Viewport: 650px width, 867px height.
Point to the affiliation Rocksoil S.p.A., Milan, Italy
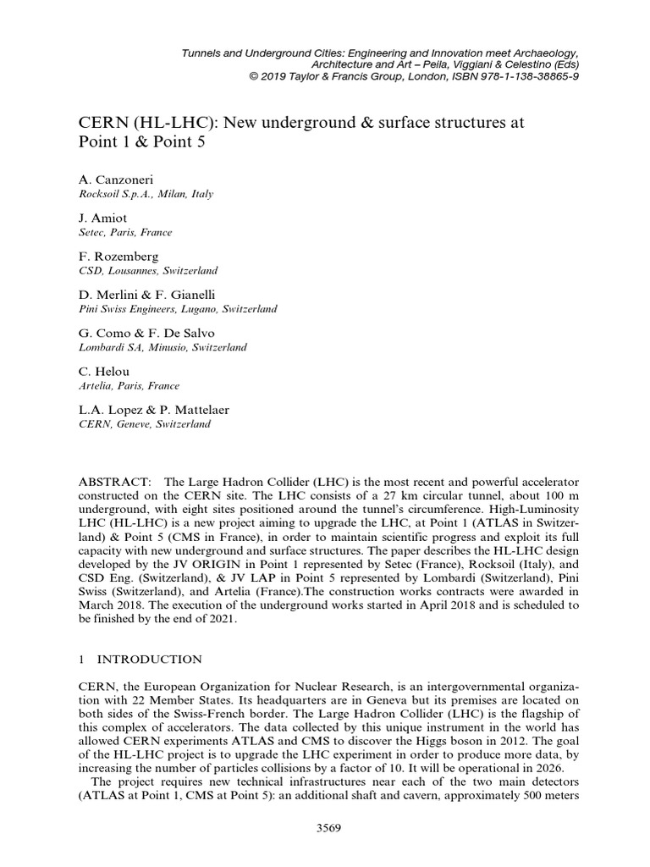coord(145,194)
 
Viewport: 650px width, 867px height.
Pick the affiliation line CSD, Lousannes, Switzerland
coord(147,270)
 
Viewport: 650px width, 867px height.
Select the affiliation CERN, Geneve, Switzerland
coord(144,424)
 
